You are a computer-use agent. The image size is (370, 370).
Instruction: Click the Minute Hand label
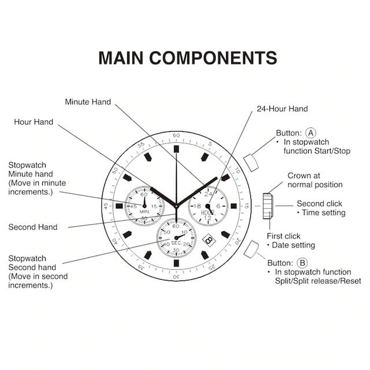coord(88,102)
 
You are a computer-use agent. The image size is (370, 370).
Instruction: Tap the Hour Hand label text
coord(34,122)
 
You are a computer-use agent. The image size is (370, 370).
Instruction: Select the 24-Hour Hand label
coord(282,109)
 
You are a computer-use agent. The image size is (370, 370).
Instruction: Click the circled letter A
coord(310,133)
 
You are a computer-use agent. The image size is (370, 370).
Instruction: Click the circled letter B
coord(302,263)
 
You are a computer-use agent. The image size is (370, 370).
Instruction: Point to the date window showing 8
coord(209,240)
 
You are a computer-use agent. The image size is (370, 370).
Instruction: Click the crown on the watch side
coord(268,206)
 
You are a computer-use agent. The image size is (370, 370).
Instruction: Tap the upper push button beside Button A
coord(251,162)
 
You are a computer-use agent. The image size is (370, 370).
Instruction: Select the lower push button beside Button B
coord(251,249)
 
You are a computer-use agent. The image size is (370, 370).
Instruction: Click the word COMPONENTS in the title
coord(213,58)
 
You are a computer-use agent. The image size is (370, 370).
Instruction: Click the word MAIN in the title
coord(121,58)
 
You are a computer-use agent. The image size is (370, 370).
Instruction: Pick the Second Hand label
coord(33,227)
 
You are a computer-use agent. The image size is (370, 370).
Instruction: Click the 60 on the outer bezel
coord(176,135)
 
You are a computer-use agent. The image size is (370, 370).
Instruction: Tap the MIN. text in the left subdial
coord(145,212)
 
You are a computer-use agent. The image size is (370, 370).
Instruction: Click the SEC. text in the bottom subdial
coord(176,243)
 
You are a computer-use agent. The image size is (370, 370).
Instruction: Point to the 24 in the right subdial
coord(208,194)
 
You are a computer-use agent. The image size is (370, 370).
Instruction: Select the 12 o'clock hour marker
coord(176,149)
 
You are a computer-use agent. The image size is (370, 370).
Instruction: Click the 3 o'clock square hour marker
coord(234,206)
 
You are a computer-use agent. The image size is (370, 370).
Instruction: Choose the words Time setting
coord(324,213)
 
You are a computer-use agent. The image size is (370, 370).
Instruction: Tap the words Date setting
coord(293,245)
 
